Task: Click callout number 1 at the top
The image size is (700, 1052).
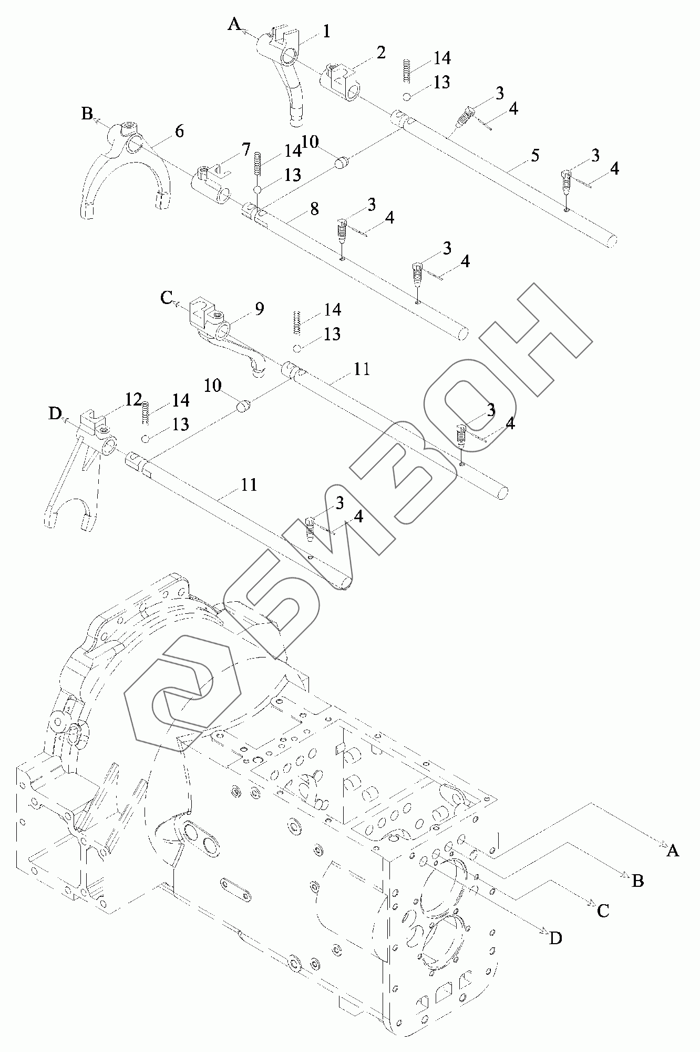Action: (326, 32)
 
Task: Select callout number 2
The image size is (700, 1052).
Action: (380, 53)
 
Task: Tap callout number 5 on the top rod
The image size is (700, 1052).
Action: (534, 156)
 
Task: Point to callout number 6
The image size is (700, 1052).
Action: (179, 131)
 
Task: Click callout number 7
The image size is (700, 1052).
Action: (246, 150)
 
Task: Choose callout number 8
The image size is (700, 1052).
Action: (314, 208)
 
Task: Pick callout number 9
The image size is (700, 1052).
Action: (259, 309)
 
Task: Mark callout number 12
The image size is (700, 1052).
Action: (135, 401)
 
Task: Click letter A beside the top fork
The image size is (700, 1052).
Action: (234, 24)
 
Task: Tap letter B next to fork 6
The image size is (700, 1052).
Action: (87, 114)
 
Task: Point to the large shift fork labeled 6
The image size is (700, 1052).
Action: (123, 168)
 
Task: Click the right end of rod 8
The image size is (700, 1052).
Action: (462, 333)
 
